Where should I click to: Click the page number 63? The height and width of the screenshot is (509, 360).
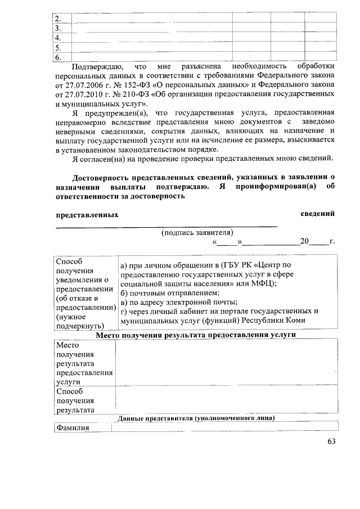click(331, 442)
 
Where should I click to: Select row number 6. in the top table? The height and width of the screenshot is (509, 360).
click(57, 57)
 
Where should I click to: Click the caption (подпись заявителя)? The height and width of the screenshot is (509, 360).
click(197, 232)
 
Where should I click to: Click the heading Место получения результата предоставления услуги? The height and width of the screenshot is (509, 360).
click(196, 335)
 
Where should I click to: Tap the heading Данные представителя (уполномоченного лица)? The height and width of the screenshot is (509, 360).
click(196, 418)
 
